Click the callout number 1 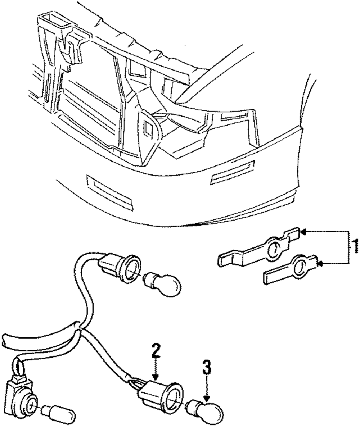[x=355, y=248]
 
